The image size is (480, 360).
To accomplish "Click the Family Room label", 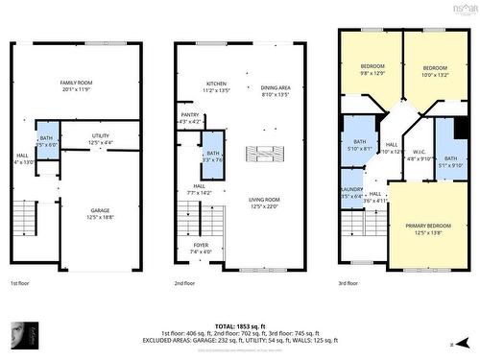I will click(82, 84).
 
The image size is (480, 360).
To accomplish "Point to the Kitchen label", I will click(217, 84).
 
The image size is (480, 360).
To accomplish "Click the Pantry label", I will click(190, 118).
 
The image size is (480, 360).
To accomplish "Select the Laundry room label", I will click(352, 192).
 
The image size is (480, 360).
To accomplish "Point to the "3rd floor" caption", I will click(349, 284).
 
